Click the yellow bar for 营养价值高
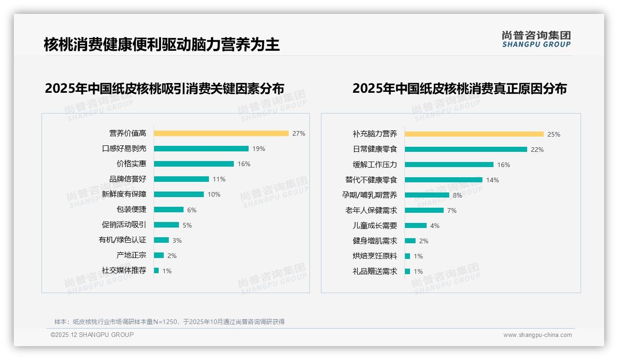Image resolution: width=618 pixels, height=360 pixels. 221,133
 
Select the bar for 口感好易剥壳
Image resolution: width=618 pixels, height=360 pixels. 201,149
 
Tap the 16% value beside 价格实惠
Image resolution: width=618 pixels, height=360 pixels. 244,164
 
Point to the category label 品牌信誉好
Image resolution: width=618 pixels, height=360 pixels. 128,179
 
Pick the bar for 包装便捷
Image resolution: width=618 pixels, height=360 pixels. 169,210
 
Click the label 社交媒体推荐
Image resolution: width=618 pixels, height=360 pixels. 124,270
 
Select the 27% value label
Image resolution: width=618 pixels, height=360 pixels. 299,133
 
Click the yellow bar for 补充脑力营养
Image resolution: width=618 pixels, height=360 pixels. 474,134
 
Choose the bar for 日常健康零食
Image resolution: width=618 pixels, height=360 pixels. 466,150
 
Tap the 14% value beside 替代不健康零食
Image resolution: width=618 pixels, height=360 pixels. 493,180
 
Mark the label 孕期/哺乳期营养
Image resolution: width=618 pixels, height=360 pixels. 369,195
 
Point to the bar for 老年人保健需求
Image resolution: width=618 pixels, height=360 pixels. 424,210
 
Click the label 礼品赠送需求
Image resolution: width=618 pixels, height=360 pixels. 375,271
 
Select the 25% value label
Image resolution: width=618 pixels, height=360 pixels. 554,134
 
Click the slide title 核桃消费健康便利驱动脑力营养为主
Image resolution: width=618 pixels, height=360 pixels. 162,44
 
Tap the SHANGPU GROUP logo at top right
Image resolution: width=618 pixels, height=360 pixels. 536,39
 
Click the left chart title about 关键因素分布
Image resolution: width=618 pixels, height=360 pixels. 165,88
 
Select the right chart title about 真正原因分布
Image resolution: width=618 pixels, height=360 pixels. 459,88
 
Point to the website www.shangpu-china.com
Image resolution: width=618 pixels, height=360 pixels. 537,335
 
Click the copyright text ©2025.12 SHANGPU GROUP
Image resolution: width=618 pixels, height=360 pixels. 92,335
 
